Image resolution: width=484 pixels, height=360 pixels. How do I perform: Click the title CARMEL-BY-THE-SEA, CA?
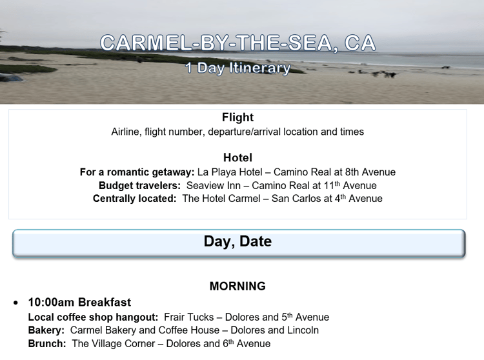pyautogui.click(x=237, y=43)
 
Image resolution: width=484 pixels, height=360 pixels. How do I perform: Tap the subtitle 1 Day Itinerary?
pyautogui.click(x=237, y=68)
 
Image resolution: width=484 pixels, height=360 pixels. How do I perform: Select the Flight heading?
pyautogui.click(x=237, y=117)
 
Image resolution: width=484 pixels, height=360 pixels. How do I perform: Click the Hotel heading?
pyautogui.click(x=237, y=157)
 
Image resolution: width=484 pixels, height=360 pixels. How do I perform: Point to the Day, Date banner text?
pyautogui.click(x=237, y=241)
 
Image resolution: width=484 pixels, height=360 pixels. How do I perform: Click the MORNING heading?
pyautogui.click(x=237, y=286)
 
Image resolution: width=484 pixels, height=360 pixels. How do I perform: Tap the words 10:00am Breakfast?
pyautogui.click(x=79, y=303)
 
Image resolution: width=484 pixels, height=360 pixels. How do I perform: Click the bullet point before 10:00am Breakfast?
pyautogui.click(x=15, y=303)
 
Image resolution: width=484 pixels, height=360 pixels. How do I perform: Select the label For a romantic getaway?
pyautogui.click(x=137, y=172)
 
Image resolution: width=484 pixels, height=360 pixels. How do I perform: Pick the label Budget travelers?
pyautogui.click(x=139, y=185)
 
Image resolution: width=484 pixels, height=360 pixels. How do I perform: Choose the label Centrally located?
pyautogui.click(x=135, y=198)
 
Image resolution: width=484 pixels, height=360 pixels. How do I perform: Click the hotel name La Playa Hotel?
pyautogui.click(x=230, y=172)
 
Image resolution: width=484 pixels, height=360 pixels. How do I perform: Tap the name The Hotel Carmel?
pyautogui.click(x=221, y=198)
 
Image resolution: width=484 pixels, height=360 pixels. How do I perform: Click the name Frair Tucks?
pyautogui.click(x=189, y=317)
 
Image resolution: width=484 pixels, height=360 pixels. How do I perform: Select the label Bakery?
pyautogui.click(x=46, y=330)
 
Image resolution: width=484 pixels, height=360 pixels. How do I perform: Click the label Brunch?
pyautogui.click(x=47, y=343)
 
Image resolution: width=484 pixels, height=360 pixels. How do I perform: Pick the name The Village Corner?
pyautogui.click(x=114, y=343)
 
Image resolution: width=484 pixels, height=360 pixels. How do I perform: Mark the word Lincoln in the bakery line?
pyautogui.click(x=303, y=330)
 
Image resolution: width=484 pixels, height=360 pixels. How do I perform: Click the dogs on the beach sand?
pyautogui.click(x=383, y=74)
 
